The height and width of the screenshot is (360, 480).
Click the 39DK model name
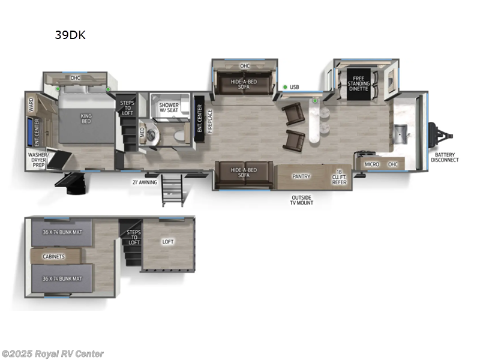tap(70, 35)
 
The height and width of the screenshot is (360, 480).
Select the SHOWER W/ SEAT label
tap(169, 108)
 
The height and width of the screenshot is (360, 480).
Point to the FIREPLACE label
tap(209, 121)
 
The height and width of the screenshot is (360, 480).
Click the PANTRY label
tap(301, 176)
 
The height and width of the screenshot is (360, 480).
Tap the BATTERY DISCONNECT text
tap(445, 157)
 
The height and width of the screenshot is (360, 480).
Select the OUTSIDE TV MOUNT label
tap(302, 200)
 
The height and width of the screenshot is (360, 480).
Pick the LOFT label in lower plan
tap(168, 242)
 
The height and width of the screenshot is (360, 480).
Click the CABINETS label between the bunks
tap(53, 256)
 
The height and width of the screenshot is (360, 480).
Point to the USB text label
tap(294, 87)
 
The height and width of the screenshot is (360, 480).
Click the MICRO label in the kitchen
tap(372, 164)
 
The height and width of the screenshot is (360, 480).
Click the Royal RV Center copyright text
tap(53, 354)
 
